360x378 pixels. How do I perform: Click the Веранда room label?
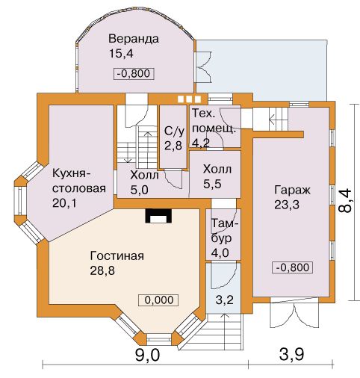(134, 39)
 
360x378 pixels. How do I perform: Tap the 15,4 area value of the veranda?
(121, 54)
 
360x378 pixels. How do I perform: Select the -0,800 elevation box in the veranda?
(134, 74)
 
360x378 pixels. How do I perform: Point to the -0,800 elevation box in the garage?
(293, 267)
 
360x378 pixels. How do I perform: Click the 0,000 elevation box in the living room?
(158, 300)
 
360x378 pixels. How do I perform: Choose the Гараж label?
(292, 190)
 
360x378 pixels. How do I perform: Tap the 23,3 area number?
(287, 205)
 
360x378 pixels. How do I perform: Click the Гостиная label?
(117, 255)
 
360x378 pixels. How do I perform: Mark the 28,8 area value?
(102, 270)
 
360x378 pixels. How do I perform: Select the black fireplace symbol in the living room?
(159, 216)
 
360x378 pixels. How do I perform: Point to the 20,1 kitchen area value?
(64, 203)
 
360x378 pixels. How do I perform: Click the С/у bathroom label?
(175, 131)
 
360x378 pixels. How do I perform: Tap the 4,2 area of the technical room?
(201, 143)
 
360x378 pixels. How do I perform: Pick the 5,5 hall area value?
(212, 185)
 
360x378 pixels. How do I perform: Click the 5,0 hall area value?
(139, 190)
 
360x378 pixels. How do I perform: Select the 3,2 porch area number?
(225, 300)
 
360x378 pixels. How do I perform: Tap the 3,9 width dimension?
(291, 355)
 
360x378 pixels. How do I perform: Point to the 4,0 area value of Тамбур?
(220, 253)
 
